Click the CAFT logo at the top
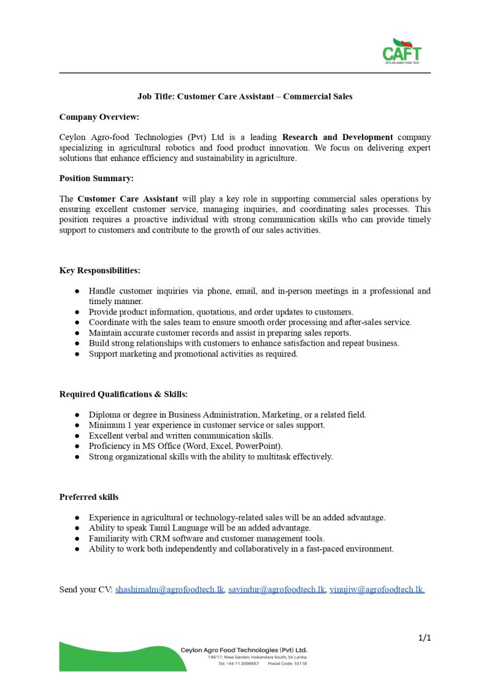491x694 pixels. tap(402, 50)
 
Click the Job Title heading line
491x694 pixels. tap(245, 96)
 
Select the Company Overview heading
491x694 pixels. tap(99, 117)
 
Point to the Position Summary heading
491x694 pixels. tap(96, 178)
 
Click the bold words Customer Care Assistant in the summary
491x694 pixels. tap(128, 199)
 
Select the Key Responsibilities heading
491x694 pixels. tap(100, 270)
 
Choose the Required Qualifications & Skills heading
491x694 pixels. tap(123, 394)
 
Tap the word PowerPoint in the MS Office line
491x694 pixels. tap(261, 446)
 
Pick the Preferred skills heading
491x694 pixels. tap(89, 497)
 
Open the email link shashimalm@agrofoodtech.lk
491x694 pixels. tap(169, 590)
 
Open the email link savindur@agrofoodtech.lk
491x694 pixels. tap(276, 590)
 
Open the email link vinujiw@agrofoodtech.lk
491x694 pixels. tap(377, 590)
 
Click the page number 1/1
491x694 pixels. tap(425, 638)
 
